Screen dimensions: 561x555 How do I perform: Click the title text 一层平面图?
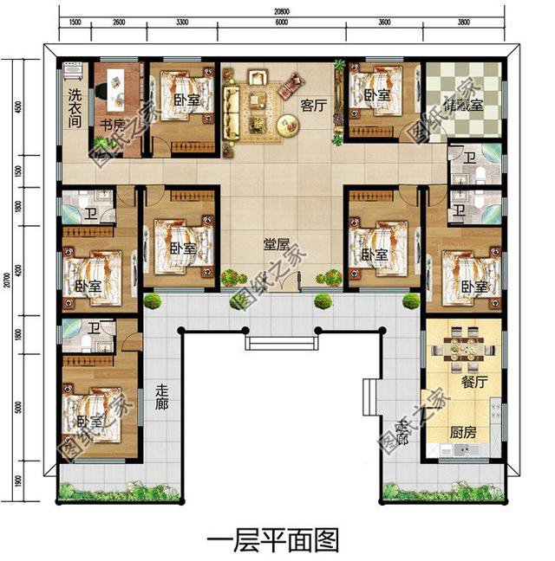click(271, 540)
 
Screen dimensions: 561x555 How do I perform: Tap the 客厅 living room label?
click(311, 105)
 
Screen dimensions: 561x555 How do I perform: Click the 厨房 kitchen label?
click(462, 430)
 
